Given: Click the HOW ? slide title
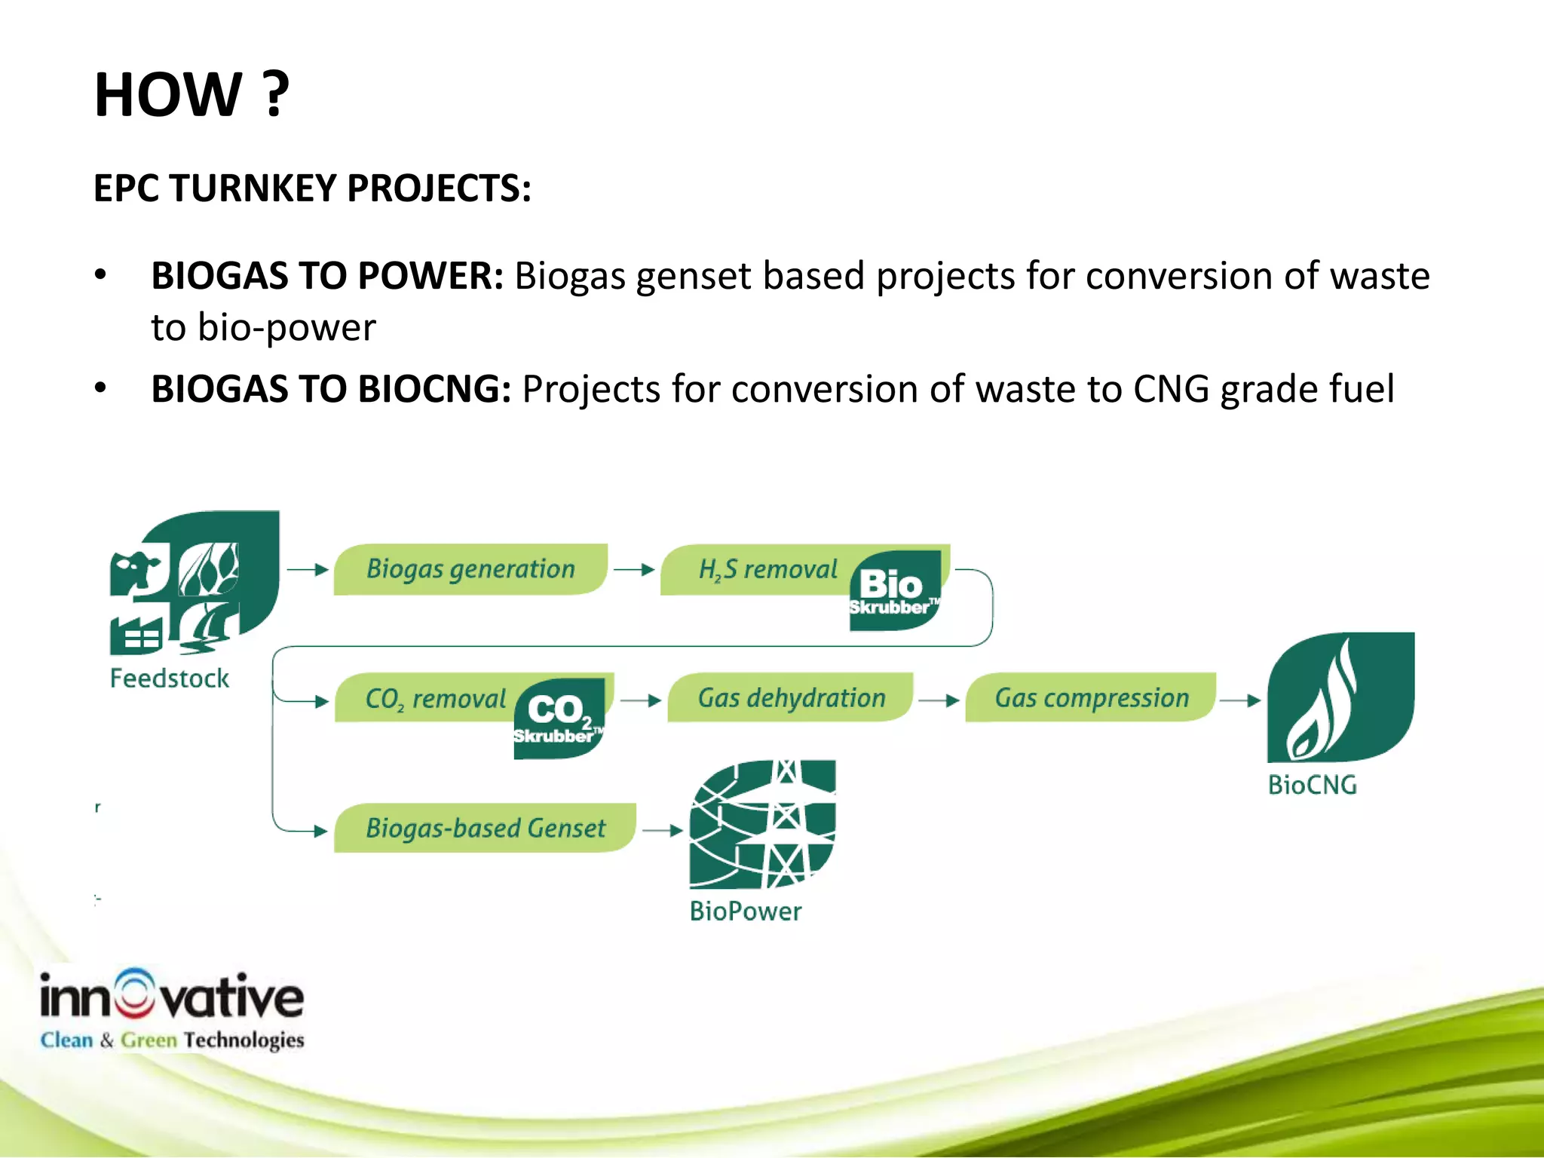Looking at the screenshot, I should (191, 95).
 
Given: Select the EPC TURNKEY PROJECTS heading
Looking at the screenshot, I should (312, 188).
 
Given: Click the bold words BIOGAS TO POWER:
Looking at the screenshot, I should (326, 276).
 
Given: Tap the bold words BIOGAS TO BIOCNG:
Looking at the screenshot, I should (331, 390).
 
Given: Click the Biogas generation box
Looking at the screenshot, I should (470, 569).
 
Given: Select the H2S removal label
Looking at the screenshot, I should (767, 569).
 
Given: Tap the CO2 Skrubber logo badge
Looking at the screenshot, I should (559, 718).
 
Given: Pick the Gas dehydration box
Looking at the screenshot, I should (791, 698).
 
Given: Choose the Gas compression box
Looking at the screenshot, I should (1091, 698).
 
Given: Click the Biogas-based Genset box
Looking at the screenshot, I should (485, 829).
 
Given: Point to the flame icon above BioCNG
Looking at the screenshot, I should (1340, 697).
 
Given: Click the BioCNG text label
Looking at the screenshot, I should (1312, 786).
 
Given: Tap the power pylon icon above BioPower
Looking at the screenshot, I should (762, 824).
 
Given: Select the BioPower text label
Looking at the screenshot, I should (745, 911).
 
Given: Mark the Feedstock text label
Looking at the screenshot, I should (170, 679).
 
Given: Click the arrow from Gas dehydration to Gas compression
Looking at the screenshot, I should (939, 700).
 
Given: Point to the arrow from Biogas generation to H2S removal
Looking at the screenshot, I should (633, 570).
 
